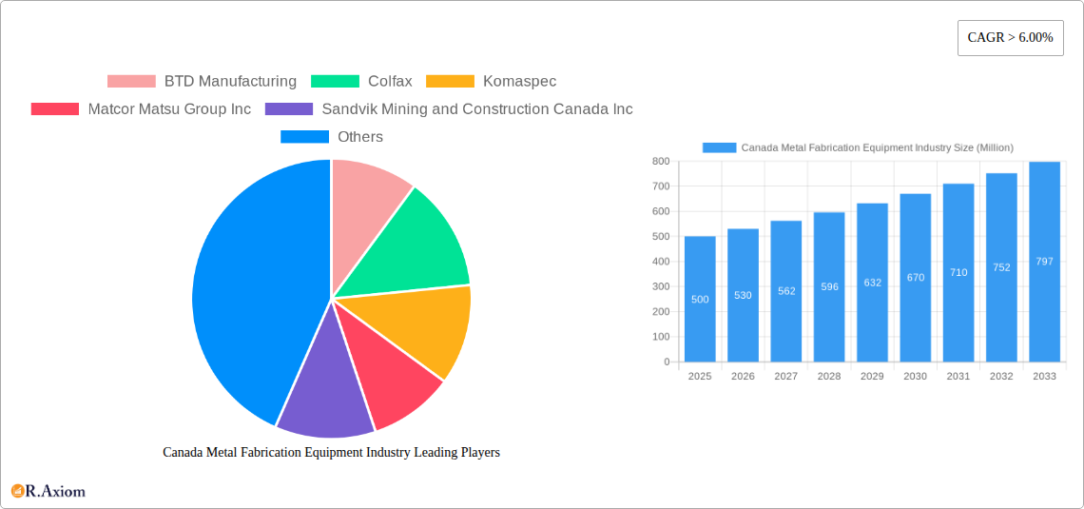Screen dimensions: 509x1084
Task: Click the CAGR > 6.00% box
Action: pos(1010,38)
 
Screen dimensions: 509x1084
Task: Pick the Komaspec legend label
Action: pos(519,82)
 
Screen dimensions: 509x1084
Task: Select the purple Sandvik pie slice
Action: pos(324,390)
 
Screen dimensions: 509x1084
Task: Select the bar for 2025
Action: pos(700,300)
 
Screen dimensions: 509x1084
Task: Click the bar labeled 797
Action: pos(1044,262)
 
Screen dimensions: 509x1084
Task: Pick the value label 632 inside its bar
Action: pos(872,283)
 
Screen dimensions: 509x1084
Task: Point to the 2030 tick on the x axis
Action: pos(915,377)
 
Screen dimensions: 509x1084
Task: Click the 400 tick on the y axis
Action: pos(661,262)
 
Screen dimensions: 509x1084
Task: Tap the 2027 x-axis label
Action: pos(785,377)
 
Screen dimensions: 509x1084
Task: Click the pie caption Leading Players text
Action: pos(331,453)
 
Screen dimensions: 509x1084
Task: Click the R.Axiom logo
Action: pos(48,491)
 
